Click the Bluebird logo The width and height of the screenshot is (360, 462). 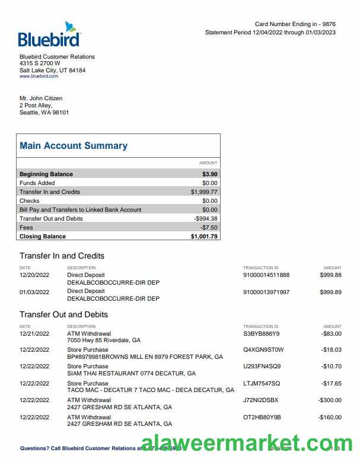click(x=49, y=35)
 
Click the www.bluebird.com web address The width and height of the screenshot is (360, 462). click(x=39, y=77)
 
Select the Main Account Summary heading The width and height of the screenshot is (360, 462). click(x=74, y=146)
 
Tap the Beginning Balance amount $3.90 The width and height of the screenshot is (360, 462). click(x=209, y=174)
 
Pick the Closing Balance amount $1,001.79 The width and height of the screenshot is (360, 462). click(x=204, y=237)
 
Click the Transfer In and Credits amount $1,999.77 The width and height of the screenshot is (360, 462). click(x=204, y=192)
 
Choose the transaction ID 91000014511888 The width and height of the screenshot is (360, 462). click(x=266, y=275)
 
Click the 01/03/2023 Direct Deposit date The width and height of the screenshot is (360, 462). click(x=34, y=292)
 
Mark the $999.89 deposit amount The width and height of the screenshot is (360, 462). click(x=330, y=292)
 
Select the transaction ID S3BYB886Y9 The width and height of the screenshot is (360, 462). click(x=261, y=334)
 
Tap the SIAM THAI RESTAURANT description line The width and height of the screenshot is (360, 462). click(x=131, y=374)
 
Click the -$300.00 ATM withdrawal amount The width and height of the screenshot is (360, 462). click(x=330, y=400)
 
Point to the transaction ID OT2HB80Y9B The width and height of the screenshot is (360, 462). click(x=262, y=417)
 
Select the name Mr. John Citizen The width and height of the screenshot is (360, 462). click(x=41, y=98)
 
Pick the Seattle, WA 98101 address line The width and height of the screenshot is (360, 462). click(x=44, y=113)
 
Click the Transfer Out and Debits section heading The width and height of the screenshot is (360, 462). click(x=63, y=314)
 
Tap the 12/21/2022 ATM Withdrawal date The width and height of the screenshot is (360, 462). click(x=34, y=334)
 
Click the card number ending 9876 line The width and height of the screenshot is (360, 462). click(x=295, y=24)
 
